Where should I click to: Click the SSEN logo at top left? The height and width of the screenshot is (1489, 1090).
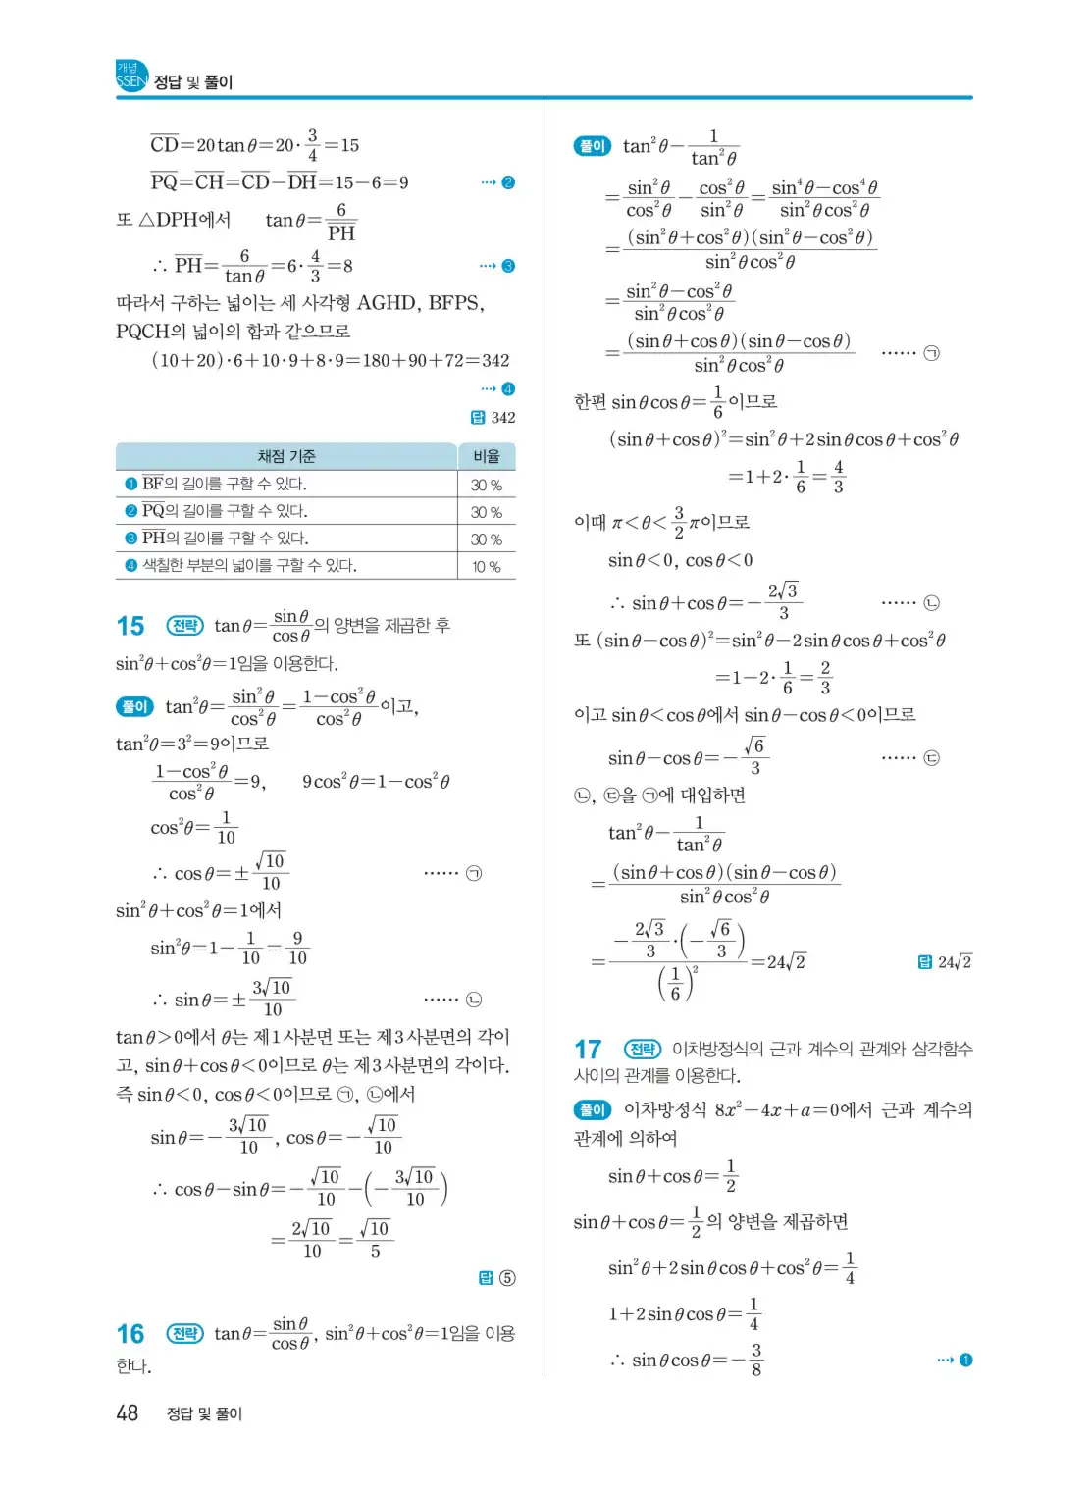pyautogui.click(x=131, y=76)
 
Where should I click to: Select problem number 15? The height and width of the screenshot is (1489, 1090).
pyautogui.click(x=130, y=626)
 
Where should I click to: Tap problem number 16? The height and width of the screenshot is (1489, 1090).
pyautogui.click(x=130, y=1334)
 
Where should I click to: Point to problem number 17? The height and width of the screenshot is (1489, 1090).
pyautogui.click(x=588, y=1050)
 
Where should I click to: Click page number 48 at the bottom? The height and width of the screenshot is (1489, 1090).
pyautogui.click(x=128, y=1413)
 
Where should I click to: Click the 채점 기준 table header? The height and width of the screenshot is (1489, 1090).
pyautogui.click(x=286, y=456)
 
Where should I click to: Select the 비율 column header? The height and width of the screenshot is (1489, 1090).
pyautogui.click(x=487, y=456)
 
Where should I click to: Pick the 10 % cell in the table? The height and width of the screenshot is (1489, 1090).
pyautogui.click(x=487, y=566)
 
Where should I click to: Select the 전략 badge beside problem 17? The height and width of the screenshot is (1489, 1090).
pyautogui.click(x=643, y=1050)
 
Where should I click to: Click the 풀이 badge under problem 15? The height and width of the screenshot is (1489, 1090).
pyautogui.click(x=134, y=706)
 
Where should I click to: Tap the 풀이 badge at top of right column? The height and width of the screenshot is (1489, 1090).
pyautogui.click(x=593, y=146)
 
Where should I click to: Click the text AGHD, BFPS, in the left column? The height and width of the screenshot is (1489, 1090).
pyautogui.click(x=421, y=303)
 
